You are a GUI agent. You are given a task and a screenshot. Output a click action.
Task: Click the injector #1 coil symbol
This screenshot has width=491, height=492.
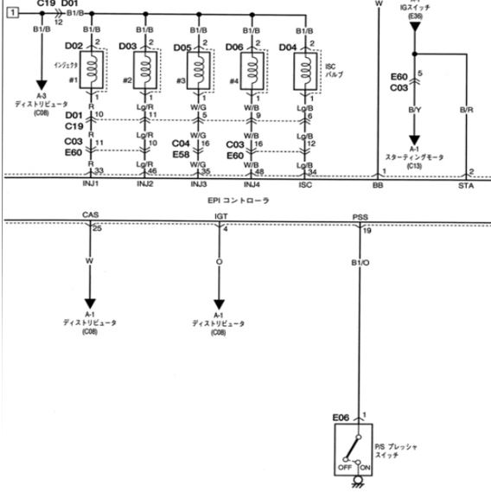click(x=91, y=67)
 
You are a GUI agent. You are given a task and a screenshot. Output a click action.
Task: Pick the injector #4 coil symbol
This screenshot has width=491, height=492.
click(x=252, y=67)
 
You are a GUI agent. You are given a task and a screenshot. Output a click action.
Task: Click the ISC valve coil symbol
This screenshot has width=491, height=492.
click(x=304, y=67)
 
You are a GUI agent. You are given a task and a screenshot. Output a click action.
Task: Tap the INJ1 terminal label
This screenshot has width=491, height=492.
click(x=91, y=184)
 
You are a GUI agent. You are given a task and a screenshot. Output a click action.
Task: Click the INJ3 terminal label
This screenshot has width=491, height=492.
click(x=198, y=184)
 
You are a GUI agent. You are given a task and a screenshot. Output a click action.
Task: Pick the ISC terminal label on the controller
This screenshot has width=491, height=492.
click(x=304, y=184)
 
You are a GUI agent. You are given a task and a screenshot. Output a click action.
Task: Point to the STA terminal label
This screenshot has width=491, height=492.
click(x=466, y=184)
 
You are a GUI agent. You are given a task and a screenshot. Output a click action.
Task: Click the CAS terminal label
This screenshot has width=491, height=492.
click(x=90, y=215)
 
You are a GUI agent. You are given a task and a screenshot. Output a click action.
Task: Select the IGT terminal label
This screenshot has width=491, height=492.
click(x=220, y=215)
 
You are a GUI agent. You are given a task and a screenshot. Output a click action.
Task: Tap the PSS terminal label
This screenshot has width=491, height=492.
click(x=360, y=216)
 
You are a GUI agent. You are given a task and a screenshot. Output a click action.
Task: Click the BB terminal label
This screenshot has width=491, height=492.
click(x=377, y=184)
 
